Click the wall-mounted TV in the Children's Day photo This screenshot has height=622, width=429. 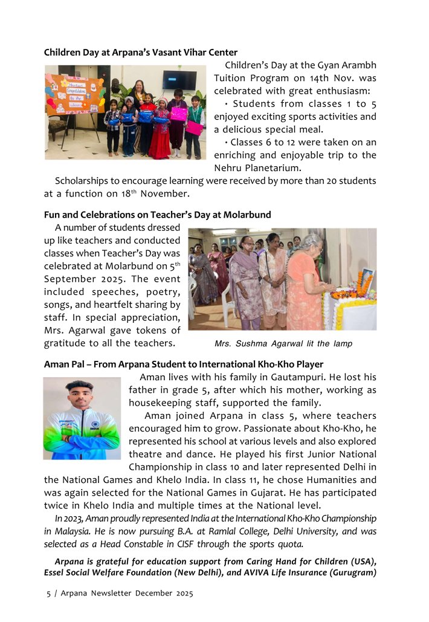(x=179, y=80)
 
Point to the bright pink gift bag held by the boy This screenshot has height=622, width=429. (x=195, y=128)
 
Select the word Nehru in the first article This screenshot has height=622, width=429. (x=228, y=167)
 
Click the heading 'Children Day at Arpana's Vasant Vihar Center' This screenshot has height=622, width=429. (x=140, y=53)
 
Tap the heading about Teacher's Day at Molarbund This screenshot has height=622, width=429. (x=157, y=215)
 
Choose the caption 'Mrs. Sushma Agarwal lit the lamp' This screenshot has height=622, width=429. (x=283, y=343)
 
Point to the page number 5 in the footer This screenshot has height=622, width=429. (x=49, y=594)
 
